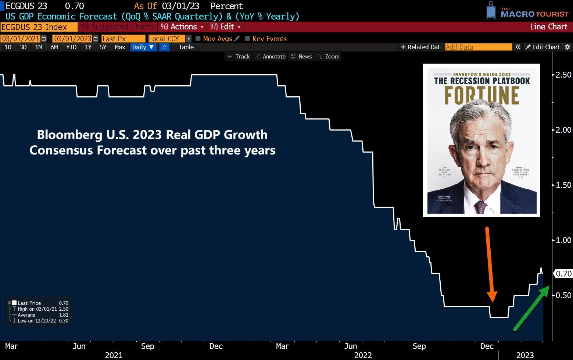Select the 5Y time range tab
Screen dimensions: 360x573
(103, 47)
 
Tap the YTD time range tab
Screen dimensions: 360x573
(71, 47)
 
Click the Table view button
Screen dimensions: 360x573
(186, 47)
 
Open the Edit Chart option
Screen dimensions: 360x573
(543, 47)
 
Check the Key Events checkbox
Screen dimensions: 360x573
(247, 39)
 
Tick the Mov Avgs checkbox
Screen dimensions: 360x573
(198, 39)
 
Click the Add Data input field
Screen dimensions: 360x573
(478, 47)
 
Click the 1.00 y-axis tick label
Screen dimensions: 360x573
(563, 240)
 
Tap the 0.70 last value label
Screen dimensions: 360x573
(563, 274)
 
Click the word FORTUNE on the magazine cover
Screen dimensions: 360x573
(481, 95)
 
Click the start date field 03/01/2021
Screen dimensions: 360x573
(21, 39)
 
